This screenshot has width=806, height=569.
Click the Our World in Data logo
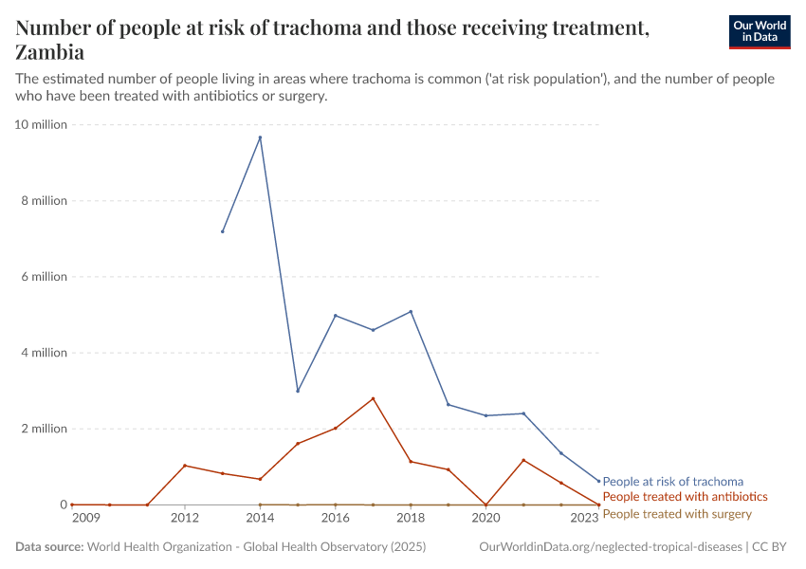coord(759,31)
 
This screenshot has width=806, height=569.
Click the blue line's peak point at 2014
coord(260,138)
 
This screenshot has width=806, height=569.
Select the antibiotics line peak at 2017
coord(373,398)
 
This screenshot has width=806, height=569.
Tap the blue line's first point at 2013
coord(223,231)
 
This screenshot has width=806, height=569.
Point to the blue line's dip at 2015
coord(298,391)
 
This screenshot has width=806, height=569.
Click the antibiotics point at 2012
coord(185,466)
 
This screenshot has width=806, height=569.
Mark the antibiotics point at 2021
coord(523,460)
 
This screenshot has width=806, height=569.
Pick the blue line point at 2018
coord(411,311)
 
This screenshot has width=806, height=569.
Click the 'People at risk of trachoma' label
coord(672,482)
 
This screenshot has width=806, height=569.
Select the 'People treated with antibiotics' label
coord(685,497)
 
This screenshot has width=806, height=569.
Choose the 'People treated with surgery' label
coord(676,514)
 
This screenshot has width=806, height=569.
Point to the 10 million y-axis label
coord(41,125)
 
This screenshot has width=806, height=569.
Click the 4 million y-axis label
coord(45,353)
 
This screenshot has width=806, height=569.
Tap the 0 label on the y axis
coord(64,505)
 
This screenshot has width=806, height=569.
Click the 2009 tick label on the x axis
coord(85,519)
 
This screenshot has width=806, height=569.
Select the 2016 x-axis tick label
coord(335,519)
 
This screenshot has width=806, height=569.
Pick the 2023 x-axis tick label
coord(584,519)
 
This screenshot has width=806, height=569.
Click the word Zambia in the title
coord(50,52)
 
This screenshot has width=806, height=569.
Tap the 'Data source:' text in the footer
coord(49,547)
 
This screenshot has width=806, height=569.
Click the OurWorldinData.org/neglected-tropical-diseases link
coord(612,547)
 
